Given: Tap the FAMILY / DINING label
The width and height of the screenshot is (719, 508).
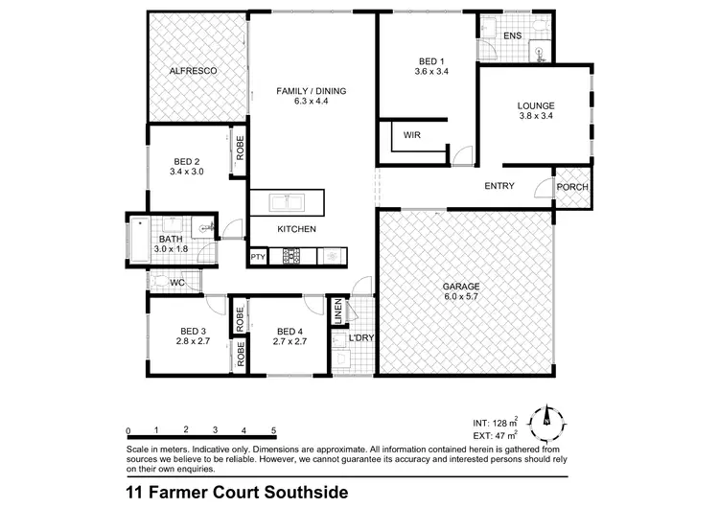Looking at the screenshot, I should coord(312,92).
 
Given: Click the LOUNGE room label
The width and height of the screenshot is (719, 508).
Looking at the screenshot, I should coord(536,105).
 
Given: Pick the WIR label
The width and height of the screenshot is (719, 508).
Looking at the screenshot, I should coord(413,136).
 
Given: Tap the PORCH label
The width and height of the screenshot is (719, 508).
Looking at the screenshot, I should coord(572,187).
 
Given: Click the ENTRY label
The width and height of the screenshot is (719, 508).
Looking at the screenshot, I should coord(500,186).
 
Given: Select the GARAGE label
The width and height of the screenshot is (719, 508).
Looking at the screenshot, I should coord(460,287).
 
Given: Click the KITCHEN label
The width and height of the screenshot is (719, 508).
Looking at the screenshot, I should coord(296,229).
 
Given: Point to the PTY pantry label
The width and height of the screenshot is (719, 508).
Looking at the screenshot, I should coord(258,258).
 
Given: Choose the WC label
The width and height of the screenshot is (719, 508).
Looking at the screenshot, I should coord(176,284).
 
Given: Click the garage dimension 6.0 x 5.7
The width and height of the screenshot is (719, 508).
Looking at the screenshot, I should coord(460,297).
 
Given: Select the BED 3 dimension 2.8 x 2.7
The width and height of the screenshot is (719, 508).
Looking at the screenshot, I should coord(193,340).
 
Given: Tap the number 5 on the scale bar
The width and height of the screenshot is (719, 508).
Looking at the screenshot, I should coord(274,429).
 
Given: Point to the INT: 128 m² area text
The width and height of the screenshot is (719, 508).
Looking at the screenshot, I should coord(497,421).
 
